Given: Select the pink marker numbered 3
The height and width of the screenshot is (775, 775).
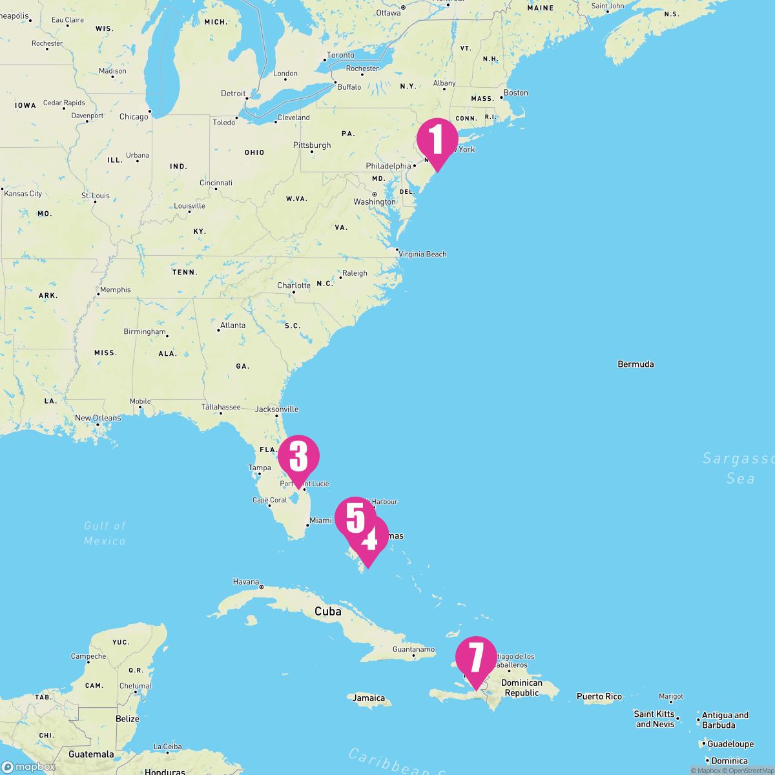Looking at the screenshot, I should click(298, 457).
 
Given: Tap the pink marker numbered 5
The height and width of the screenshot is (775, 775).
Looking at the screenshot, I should click(355, 517).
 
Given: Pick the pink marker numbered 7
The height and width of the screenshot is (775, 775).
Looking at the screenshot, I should click(476, 657).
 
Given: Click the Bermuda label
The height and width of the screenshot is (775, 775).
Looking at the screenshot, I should click(635, 364).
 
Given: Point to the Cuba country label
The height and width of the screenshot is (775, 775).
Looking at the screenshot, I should click(327, 611).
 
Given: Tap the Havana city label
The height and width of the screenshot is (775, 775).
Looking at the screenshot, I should click(245, 582).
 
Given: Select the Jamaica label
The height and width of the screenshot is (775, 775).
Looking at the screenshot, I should click(369, 698).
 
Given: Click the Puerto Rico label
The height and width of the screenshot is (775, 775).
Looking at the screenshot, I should click(599, 696).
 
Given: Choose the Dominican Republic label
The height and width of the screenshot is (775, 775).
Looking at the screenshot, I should click(522, 688).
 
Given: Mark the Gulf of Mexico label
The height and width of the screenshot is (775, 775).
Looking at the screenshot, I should click(105, 533).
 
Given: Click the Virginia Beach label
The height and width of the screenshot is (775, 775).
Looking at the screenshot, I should click(422, 254).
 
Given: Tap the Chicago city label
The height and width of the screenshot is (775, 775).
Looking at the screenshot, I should click(134, 117).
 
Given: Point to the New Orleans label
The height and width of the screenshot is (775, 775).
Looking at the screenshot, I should click(98, 418).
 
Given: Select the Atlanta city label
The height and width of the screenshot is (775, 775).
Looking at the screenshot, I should click(232, 325).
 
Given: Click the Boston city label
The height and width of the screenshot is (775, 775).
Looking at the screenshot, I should click(515, 92).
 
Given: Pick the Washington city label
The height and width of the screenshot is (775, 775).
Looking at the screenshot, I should click(375, 202).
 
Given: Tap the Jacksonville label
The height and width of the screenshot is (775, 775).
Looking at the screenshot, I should click(276, 409).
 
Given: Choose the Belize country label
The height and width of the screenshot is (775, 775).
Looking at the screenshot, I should click(127, 719).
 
